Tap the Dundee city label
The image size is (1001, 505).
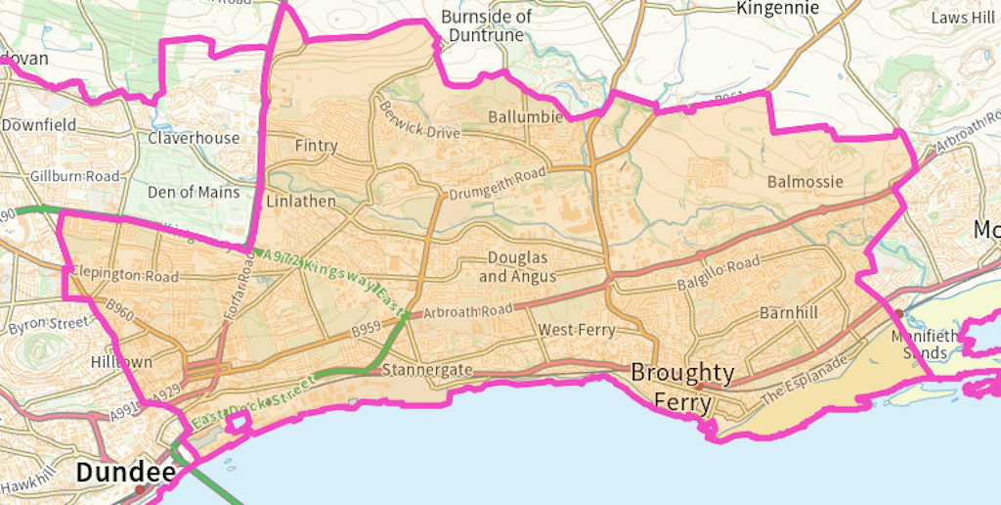(x=125, y=473)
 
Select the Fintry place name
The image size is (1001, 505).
(x=316, y=146)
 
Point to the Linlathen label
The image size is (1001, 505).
(x=300, y=201)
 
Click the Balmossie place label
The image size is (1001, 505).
(x=805, y=181)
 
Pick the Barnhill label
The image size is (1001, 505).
(x=789, y=313)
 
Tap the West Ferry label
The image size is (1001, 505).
(x=577, y=330)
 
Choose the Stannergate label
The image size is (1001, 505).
(x=427, y=370)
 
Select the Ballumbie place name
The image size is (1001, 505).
(x=526, y=116)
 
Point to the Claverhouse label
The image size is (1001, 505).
(x=194, y=138)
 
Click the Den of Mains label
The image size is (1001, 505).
(x=193, y=192)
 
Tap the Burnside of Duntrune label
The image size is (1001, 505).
(x=487, y=25)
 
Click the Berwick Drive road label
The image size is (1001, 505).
(x=419, y=120)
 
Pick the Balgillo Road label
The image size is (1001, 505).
(x=718, y=274)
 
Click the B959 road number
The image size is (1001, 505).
(x=366, y=330)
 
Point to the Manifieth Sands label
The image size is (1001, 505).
(x=920, y=344)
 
